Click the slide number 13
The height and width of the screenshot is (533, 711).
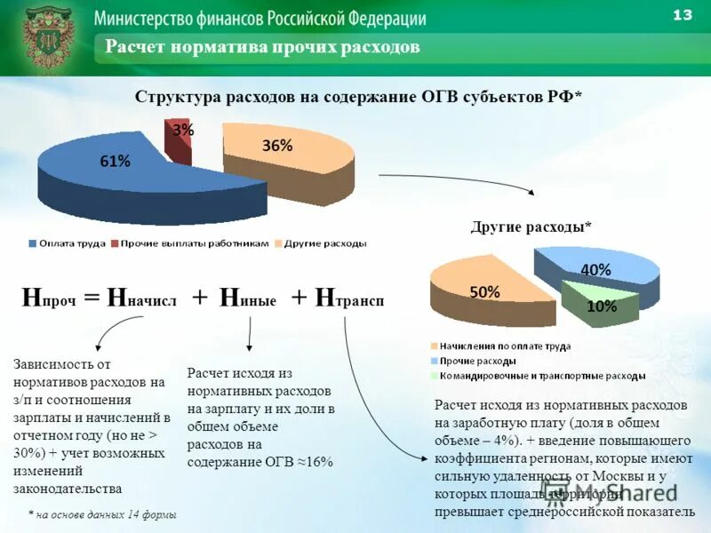coord(683,15)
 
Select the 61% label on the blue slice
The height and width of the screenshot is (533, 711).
coord(115,161)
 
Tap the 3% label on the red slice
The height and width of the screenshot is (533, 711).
coord(183,130)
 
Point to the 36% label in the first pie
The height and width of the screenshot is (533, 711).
coord(277,146)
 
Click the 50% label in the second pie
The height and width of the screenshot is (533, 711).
coord(485,291)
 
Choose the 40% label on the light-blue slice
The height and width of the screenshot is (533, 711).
coord(595,269)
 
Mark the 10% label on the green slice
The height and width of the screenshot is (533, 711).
coord(602,306)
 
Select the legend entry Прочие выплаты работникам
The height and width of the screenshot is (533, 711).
coord(194,243)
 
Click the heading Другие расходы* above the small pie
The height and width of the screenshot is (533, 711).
coord(531,227)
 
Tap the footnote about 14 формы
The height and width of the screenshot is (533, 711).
coord(101,514)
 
